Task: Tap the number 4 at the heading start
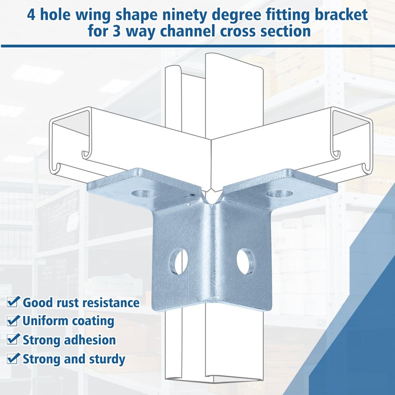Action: [31, 15]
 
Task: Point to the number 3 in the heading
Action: [116, 32]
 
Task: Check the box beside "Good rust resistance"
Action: [13, 302]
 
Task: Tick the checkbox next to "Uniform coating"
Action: [13, 320]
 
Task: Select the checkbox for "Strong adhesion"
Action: [13, 339]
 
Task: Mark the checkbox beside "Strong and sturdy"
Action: [13, 358]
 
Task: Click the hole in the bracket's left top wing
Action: [145, 194]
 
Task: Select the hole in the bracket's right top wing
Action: [279, 194]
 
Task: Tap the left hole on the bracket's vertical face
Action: [178, 262]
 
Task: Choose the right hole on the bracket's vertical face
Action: [246, 261]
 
